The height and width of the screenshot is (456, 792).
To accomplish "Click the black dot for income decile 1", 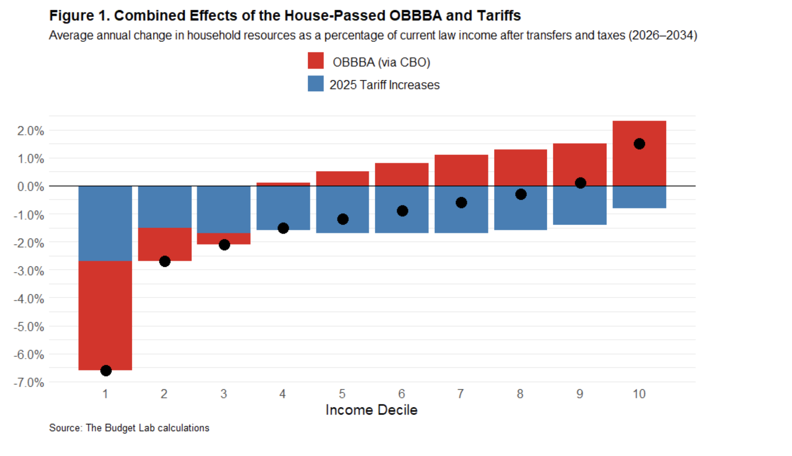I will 106,371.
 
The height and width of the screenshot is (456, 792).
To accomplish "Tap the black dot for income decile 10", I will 639,144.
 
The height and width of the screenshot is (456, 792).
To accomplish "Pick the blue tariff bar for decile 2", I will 165,207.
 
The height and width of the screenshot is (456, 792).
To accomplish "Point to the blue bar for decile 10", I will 639,197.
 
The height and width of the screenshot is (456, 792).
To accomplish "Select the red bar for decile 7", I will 461,170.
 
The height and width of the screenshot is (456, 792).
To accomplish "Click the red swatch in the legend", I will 316,60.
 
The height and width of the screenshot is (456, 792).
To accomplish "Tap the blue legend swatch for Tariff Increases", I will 316,84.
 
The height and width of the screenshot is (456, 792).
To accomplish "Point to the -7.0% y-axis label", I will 29,383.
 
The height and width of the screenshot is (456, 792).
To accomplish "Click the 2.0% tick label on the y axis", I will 30,131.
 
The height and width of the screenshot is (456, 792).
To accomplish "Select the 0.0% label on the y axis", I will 30,187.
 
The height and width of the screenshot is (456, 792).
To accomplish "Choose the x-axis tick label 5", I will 342,394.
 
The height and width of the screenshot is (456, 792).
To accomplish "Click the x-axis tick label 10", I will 639,394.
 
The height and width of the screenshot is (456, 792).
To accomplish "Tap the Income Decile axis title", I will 371,410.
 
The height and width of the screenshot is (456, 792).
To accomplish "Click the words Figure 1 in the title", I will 78,16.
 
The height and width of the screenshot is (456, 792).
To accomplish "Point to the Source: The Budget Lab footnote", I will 129,428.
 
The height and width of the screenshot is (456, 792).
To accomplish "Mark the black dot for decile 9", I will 580,183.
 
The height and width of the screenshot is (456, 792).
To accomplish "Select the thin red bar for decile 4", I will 283,184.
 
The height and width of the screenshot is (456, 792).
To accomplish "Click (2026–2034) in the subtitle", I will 663,35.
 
